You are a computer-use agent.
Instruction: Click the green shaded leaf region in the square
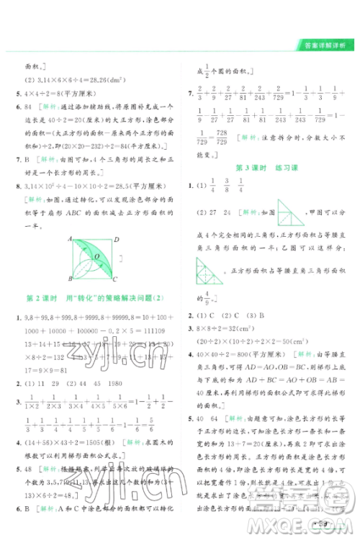[93, 258]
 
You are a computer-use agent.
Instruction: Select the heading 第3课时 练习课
[268, 168]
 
